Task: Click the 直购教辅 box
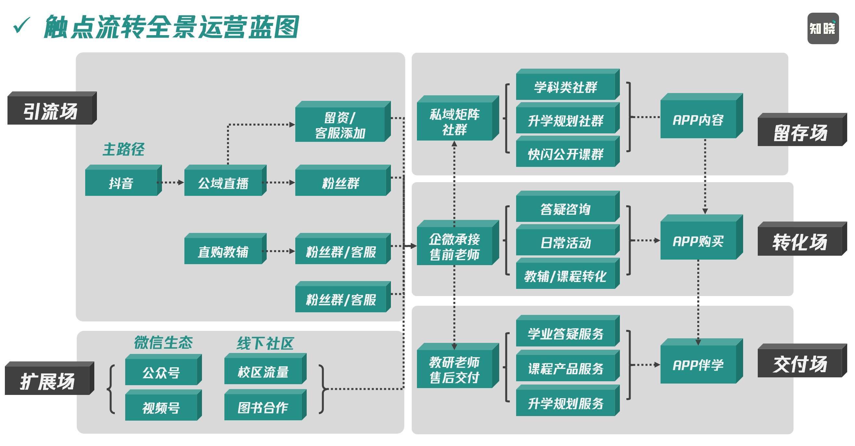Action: point(223,251)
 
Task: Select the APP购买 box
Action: point(698,241)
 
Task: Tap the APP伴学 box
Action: point(698,365)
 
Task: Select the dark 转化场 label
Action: point(800,241)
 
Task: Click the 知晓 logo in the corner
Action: point(823,29)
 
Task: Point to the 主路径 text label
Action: point(124,149)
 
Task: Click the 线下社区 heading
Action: point(265,343)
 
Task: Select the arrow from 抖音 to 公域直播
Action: point(171,182)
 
